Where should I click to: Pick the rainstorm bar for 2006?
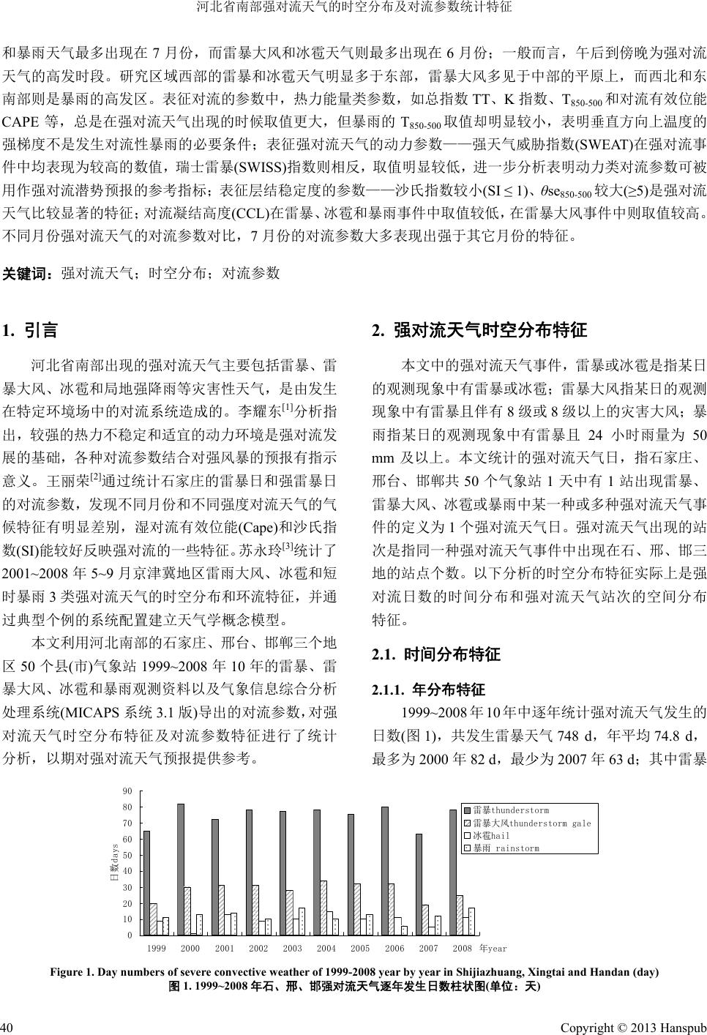[x=405, y=930]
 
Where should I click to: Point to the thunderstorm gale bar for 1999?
[x=154, y=919]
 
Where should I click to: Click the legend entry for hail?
[x=491, y=836]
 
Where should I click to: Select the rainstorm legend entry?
[x=506, y=848]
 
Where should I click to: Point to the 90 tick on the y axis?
[x=128, y=791]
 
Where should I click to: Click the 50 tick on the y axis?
[x=128, y=855]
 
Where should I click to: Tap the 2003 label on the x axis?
[x=292, y=949]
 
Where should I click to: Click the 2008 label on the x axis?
[x=462, y=949]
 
